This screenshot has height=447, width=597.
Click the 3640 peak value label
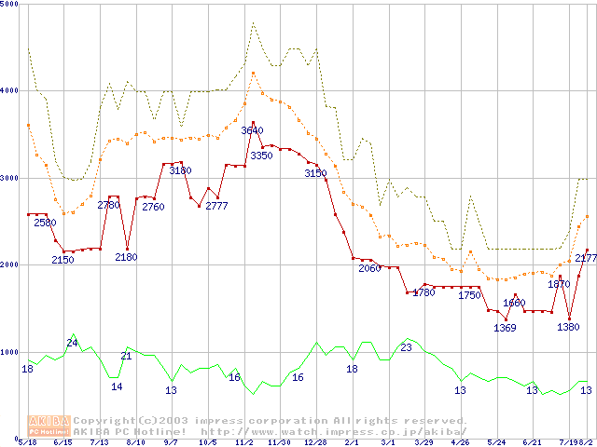252,131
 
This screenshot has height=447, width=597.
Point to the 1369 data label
505,327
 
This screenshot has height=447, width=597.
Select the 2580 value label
45,223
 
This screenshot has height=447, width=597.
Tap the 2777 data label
217,206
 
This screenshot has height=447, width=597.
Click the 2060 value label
370,268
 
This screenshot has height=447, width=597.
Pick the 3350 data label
261,156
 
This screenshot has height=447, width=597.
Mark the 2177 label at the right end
586,258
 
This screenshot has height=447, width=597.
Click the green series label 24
72,344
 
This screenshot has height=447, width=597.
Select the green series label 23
406,347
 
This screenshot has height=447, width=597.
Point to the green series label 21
126,356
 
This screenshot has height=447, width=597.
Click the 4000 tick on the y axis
8,90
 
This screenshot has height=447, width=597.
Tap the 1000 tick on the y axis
8,352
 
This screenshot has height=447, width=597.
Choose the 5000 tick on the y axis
8,4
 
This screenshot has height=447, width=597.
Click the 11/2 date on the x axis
243,442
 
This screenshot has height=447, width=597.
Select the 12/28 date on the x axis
314,442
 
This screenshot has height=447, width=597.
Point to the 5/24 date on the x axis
496,442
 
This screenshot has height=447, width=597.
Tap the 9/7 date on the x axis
171,442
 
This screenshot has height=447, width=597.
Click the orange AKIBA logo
49,425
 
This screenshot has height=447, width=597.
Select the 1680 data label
515,303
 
